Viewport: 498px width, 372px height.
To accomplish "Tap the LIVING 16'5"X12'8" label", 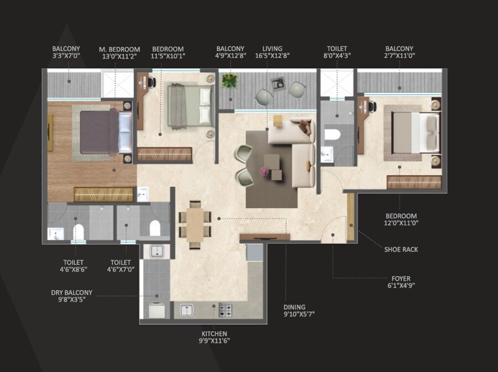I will [x=272, y=53].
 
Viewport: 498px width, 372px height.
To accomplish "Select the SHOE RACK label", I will [x=401, y=249].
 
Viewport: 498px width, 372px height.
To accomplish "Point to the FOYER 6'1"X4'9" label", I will [x=401, y=282].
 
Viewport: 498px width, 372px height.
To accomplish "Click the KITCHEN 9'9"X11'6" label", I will [x=214, y=337].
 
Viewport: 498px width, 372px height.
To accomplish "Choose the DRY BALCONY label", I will [x=72, y=296].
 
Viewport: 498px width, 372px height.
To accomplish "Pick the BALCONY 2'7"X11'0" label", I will [x=400, y=53].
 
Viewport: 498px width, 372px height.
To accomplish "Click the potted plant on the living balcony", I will [x=229, y=81].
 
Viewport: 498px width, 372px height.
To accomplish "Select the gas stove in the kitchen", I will [x=225, y=310].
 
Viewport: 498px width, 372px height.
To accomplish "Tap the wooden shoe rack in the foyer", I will [x=350, y=217].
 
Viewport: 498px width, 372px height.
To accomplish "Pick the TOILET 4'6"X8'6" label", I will [x=73, y=266].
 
